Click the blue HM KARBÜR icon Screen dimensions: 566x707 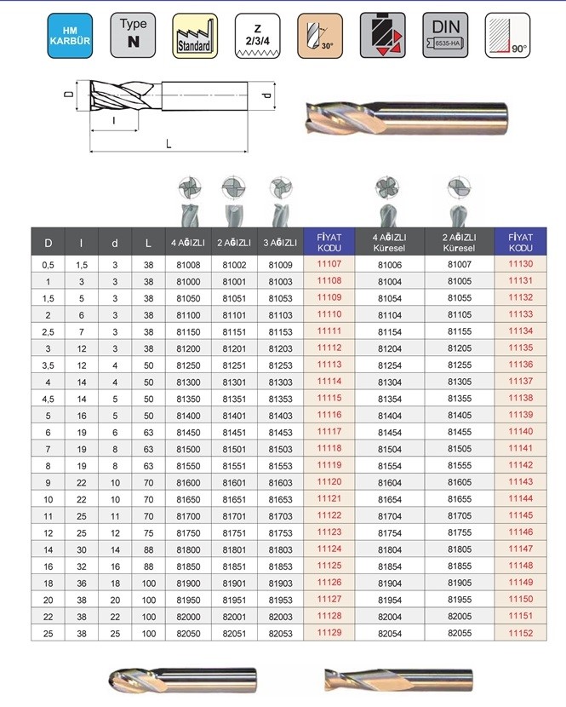(70, 36)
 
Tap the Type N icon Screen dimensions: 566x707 (133, 35)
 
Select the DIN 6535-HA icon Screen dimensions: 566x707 (445, 35)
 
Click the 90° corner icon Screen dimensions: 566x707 (507, 35)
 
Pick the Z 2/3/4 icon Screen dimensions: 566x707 (257, 36)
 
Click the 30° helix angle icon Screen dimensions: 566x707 (320, 36)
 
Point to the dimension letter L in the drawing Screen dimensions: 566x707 (169, 144)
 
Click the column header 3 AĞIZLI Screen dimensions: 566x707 (280, 243)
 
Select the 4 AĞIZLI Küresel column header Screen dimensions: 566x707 (389, 242)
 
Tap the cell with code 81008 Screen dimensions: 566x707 (188, 265)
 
